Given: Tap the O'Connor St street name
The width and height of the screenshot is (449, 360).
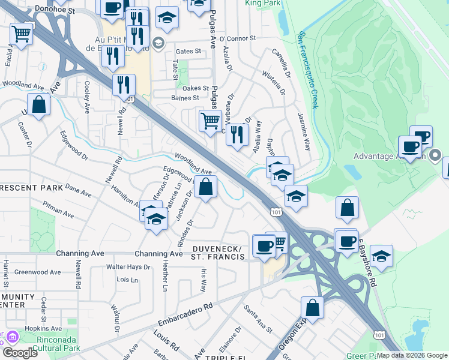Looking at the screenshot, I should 239,39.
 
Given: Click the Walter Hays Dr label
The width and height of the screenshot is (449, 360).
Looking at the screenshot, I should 127,266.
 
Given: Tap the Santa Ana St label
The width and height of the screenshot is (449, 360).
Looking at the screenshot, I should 258,319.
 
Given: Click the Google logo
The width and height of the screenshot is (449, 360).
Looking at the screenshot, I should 20,353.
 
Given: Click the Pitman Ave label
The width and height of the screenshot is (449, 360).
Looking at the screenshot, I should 58,209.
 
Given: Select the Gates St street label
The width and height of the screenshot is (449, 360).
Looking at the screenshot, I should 187,52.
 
